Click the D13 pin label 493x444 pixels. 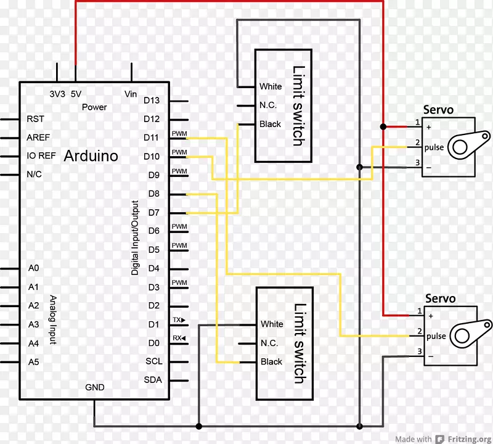click(x=152, y=100)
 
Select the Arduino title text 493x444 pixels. click(x=91, y=155)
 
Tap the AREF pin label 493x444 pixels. click(x=38, y=137)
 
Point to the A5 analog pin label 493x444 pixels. click(x=33, y=362)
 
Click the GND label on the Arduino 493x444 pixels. click(x=94, y=387)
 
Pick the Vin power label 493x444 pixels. click(x=131, y=94)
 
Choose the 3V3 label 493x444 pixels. click(x=57, y=94)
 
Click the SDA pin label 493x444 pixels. click(x=153, y=380)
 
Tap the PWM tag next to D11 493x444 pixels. click(x=179, y=133)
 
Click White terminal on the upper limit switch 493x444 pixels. click(x=271, y=86)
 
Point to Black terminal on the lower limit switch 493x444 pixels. click(x=271, y=362)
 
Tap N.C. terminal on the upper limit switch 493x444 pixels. click(x=268, y=105)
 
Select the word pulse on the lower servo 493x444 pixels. click(x=436, y=336)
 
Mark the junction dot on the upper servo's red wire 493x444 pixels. click(x=383, y=127)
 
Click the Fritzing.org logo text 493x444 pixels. click(x=466, y=439)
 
